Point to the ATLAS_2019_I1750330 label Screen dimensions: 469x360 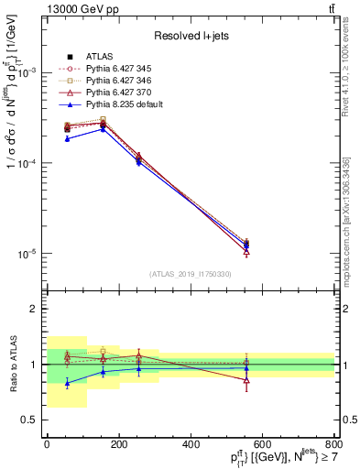pos(190,274)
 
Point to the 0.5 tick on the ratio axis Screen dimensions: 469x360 pos(32,420)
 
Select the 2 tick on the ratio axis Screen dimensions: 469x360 pos(36,309)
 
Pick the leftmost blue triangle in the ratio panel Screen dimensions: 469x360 pos(67,383)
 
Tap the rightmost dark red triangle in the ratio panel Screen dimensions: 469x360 pos(246,380)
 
